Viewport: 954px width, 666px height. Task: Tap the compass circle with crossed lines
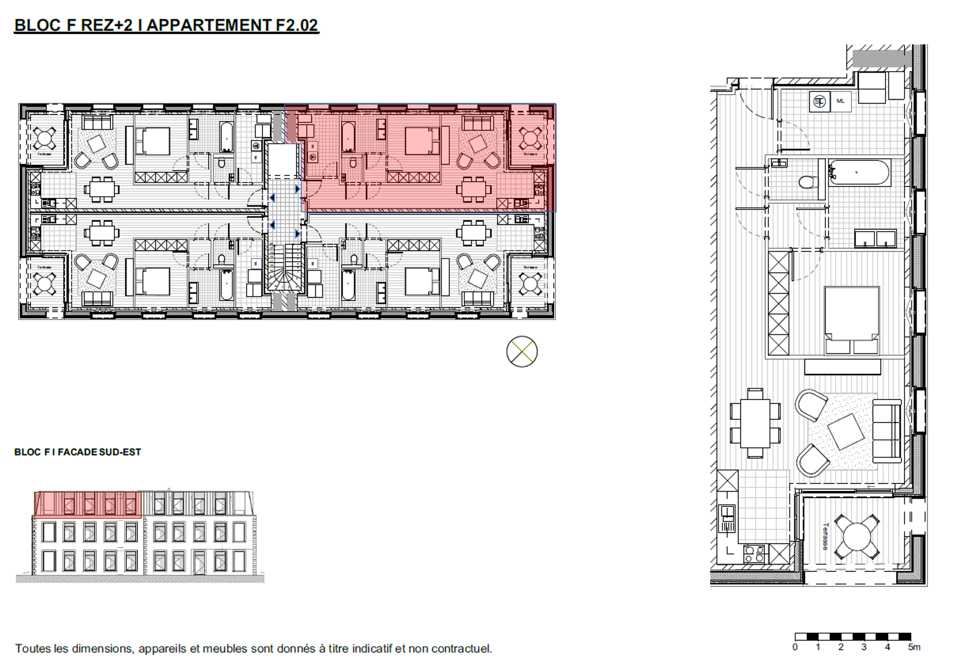pyautogui.click(x=522, y=351)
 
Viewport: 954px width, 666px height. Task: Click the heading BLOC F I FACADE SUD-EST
pyautogui.click(x=78, y=452)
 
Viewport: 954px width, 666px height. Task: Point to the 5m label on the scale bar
pyautogui.click(x=914, y=647)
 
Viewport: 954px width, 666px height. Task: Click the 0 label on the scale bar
pyautogui.click(x=795, y=647)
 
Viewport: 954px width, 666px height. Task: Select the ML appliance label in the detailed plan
pyautogui.click(x=840, y=101)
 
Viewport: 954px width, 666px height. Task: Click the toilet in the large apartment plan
pyautogui.click(x=808, y=182)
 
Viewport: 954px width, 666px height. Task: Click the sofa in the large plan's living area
pyautogui.click(x=886, y=431)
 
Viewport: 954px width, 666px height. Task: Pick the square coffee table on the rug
pyautogui.click(x=845, y=432)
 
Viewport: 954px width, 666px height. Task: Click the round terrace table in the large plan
pyautogui.click(x=857, y=536)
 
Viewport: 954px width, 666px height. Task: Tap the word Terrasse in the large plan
pyautogui.click(x=825, y=536)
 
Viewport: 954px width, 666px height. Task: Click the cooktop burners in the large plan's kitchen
pyautogui.click(x=754, y=554)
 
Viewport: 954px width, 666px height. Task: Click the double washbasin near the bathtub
pyautogui.click(x=875, y=239)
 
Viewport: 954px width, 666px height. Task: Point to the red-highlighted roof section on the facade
pyautogui.click(x=88, y=504)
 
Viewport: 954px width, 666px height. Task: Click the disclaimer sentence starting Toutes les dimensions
pyautogui.click(x=253, y=648)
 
